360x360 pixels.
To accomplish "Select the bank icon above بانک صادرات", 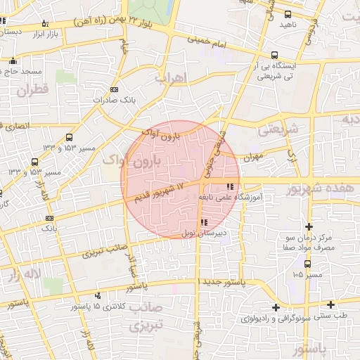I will pyautogui.click(x=115, y=89).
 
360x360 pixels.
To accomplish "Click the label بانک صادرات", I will pyautogui.click(x=117, y=101).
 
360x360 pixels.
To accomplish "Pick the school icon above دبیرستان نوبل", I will pyautogui.click(x=205, y=223).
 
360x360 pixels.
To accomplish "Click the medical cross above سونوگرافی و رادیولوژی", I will pyautogui.click(x=276, y=307).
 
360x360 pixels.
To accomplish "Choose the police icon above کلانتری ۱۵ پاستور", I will pyautogui.click(x=98, y=297).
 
